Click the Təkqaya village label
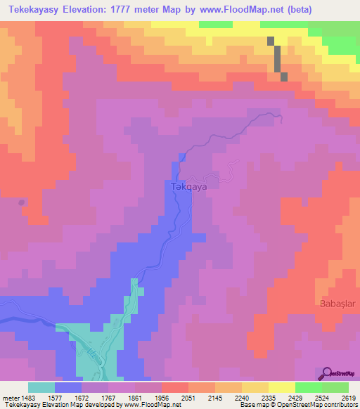click(188, 188)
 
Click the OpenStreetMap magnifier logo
click(326, 373)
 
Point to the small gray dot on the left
click(22, 202)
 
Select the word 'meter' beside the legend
click(9, 398)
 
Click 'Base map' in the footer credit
click(251, 405)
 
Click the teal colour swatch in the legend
click(41, 387)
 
